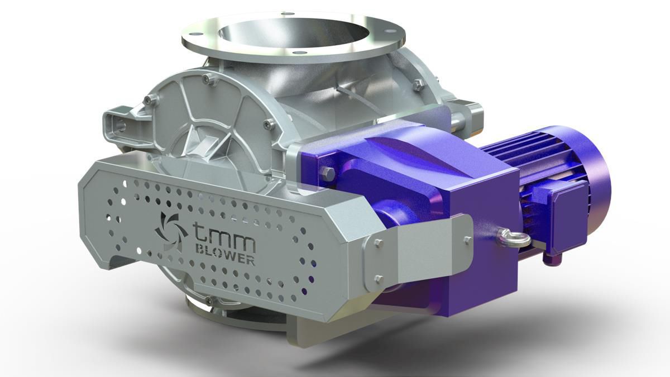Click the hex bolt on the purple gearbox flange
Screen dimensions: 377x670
tap(329, 174)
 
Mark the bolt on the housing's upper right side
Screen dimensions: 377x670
tap(418, 84)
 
